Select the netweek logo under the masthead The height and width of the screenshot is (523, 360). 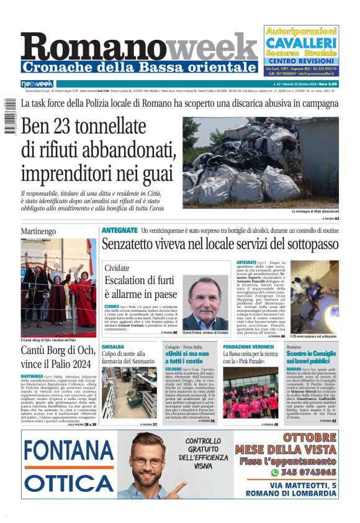click(x=37, y=84)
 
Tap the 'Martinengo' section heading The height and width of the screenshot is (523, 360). click(x=38, y=231)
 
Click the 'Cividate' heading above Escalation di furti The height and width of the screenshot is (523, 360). click(x=117, y=268)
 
